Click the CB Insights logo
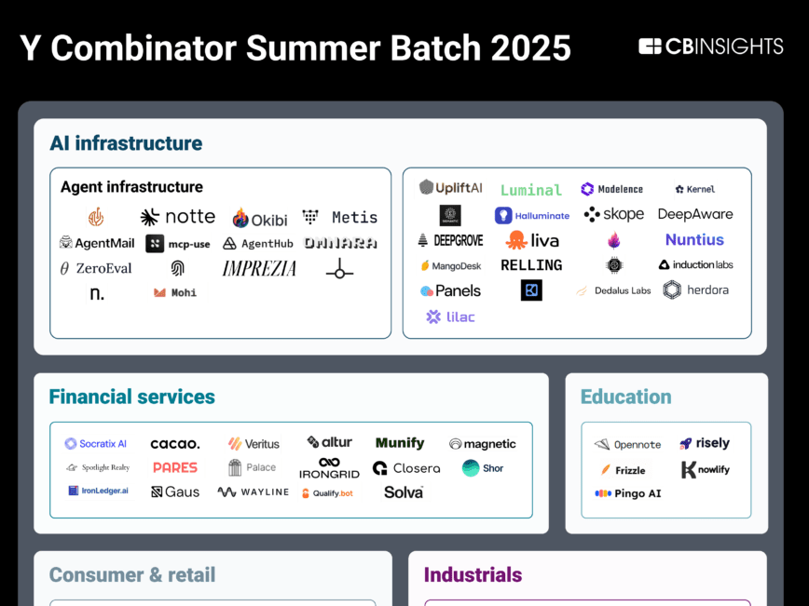[711, 47]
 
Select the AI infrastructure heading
[126, 143]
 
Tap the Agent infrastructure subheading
[131, 187]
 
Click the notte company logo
[178, 217]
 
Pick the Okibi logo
[260, 219]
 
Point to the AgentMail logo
[96, 243]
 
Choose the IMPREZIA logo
[259, 268]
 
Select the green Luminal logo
[531, 190]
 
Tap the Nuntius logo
[694, 239]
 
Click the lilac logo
[451, 316]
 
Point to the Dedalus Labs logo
[612, 290]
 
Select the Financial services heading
[131, 397]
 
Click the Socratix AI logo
[96, 444]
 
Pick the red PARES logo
[175, 467]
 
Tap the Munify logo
[400, 443]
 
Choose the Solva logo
[404, 492]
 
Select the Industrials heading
[473, 574]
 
